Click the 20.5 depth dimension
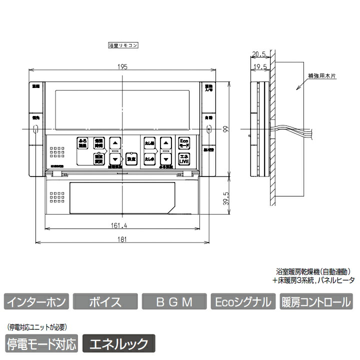coord(258,53)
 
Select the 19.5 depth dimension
coord(258,65)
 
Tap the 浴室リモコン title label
coord(123,45)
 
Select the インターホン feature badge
coord(35,302)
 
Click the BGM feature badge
coord(174,302)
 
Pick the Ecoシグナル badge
coord(243,302)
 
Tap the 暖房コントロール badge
coord(316,302)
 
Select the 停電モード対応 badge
coord(42,343)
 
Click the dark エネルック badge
coord(118,343)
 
